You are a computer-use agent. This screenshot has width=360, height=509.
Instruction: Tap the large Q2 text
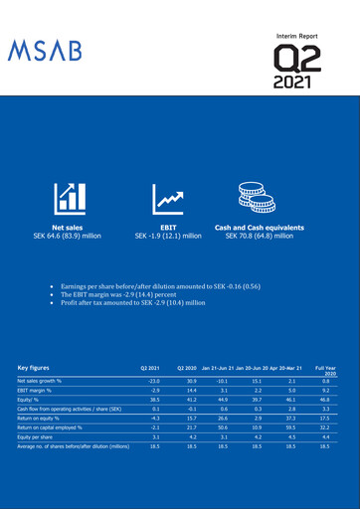click(x=301, y=59)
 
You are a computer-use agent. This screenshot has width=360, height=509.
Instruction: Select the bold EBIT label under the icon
click(x=168, y=228)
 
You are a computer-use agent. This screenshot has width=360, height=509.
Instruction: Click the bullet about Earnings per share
click(x=149, y=285)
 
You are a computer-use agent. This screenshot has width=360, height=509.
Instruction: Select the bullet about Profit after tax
click(x=138, y=302)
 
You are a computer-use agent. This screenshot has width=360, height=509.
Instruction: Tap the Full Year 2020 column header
click(x=325, y=370)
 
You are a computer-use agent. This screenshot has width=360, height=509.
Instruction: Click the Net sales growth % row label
click(x=46, y=381)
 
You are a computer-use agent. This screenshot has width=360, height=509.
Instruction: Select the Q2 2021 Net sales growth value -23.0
click(x=153, y=381)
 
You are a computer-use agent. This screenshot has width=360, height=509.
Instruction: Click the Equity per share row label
click(x=37, y=435)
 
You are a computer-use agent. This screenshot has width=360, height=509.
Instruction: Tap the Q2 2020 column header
click(x=187, y=367)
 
